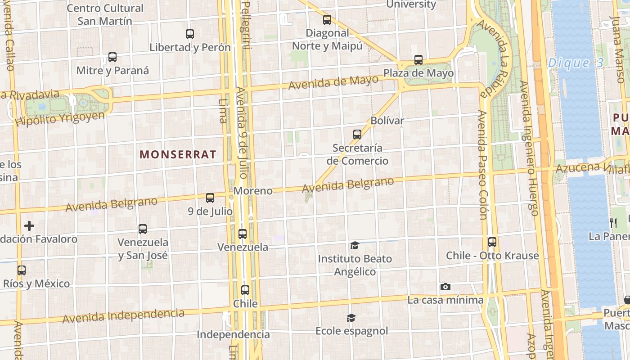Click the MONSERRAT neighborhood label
click(x=178, y=154)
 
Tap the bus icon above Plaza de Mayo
click(x=418, y=60)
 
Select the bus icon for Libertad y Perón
click(x=190, y=34)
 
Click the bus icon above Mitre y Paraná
click(x=112, y=58)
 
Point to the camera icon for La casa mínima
click(x=445, y=287)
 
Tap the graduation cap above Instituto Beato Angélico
click(x=355, y=246)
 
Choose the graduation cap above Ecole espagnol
click(x=351, y=318)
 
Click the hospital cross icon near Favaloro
click(x=29, y=226)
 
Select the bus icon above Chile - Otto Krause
click(x=492, y=242)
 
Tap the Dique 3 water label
click(x=576, y=63)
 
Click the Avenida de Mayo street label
click(x=333, y=82)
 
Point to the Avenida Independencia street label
click(x=123, y=316)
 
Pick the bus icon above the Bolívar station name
click(x=357, y=135)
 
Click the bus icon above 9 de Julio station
click(x=210, y=198)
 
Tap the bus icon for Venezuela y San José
click(x=143, y=229)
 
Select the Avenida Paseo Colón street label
click(x=483, y=165)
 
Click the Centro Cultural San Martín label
click(x=105, y=14)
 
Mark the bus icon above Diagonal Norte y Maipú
click(x=327, y=20)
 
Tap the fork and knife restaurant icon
click(x=613, y=223)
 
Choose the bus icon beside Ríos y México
click(x=22, y=270)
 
